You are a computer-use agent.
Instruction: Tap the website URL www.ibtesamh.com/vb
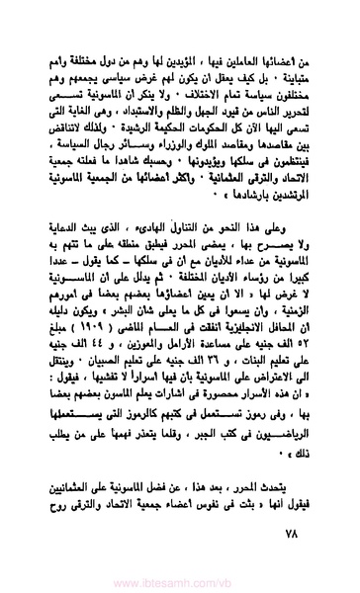[x=181, y=581]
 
